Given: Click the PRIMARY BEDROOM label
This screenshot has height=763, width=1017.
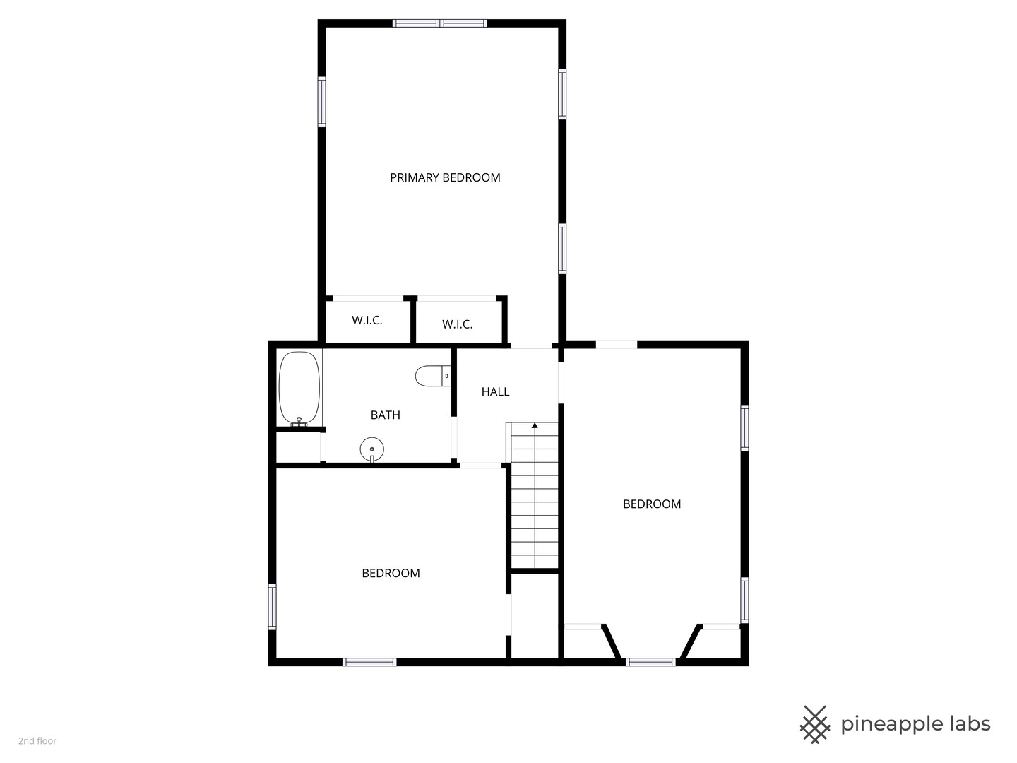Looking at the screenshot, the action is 445,177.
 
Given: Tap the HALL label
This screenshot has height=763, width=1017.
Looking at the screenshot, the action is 495,392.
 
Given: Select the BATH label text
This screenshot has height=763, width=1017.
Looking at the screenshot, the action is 385,415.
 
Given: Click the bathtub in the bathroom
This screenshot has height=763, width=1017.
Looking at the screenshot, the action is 299,388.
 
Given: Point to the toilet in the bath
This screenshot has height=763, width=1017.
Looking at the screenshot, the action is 433,376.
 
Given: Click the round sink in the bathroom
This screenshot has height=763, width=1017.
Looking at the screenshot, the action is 372,449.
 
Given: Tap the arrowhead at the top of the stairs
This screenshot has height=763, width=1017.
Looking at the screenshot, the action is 535,425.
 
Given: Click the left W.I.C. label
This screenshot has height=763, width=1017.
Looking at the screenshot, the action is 367,320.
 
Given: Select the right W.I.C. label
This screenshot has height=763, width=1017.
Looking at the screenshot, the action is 458,324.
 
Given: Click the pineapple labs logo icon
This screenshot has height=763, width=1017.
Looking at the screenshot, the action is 815,725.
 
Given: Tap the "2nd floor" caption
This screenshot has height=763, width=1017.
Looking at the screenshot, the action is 37,741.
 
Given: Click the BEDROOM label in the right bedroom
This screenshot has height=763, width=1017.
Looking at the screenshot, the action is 652,504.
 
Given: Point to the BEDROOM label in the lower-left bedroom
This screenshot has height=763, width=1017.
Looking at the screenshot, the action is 391,573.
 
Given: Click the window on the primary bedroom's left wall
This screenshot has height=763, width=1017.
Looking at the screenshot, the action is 321,102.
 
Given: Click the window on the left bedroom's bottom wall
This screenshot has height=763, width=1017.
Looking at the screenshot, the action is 369,662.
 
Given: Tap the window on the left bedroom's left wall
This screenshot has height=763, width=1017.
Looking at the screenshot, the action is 273,607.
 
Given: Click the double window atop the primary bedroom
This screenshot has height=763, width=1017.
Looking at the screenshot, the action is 440,23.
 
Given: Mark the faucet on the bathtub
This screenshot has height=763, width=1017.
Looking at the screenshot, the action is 299,422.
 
